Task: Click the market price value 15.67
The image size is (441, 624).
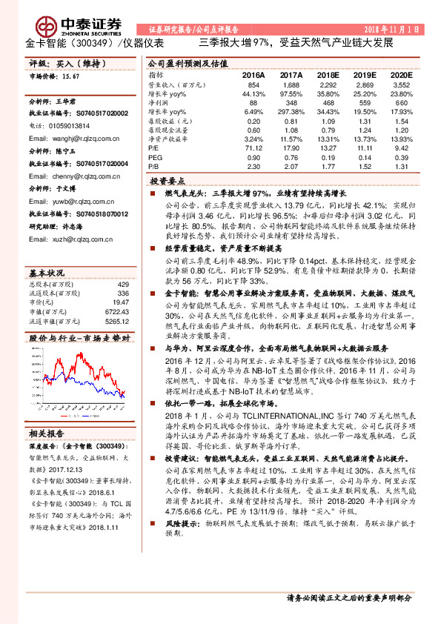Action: pyautogui.click(x=71, y=76)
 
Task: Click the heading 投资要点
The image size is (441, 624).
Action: pyautogui.click(x=168, y=181)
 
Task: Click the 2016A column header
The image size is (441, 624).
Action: pyautogui.click(x=253, y=76)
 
